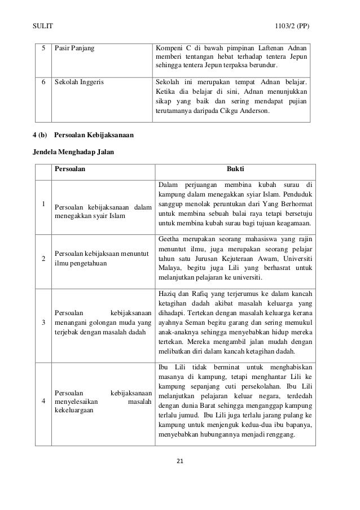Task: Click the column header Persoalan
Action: tap(71, 168)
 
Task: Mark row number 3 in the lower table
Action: tap(43, 322)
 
